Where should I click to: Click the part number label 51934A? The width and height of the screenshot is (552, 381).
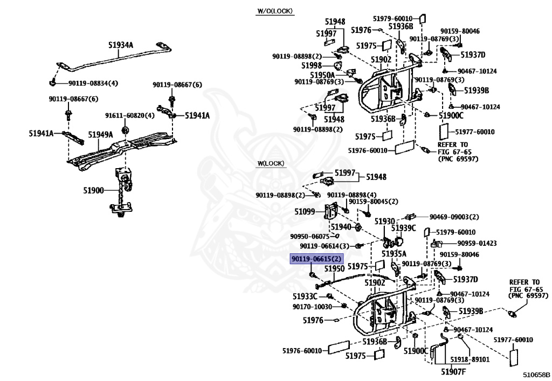(121, 45)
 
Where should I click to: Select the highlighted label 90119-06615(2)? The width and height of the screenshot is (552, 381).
(316, 259)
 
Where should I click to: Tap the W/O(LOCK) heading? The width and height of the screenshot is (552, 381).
(275, 11)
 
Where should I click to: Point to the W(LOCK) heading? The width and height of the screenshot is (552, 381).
(271, 164)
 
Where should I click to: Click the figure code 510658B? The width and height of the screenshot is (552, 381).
(536, 375)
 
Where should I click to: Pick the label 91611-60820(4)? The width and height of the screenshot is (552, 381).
(129, 116)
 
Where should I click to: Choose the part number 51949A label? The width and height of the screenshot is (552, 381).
(101, 135)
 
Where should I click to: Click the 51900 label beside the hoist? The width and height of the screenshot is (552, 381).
(93, 191)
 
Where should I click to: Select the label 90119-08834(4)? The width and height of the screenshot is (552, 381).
(93, 84)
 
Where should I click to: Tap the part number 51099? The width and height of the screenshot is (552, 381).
(305, 211)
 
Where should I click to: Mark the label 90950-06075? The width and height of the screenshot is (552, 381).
(310, 237)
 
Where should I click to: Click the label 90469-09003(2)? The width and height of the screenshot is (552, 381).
(454, 217)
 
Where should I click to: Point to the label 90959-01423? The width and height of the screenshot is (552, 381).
(477, 243)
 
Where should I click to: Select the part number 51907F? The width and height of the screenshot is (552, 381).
(453, 372)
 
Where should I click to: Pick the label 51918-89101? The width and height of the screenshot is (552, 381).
(470, 359)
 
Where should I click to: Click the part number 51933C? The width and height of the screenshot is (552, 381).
(305, 296)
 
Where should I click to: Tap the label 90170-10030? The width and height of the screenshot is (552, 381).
(312, 307)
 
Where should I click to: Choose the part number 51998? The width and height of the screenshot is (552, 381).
(312, 65)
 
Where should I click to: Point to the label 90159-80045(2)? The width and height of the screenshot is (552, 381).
(373, 202)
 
